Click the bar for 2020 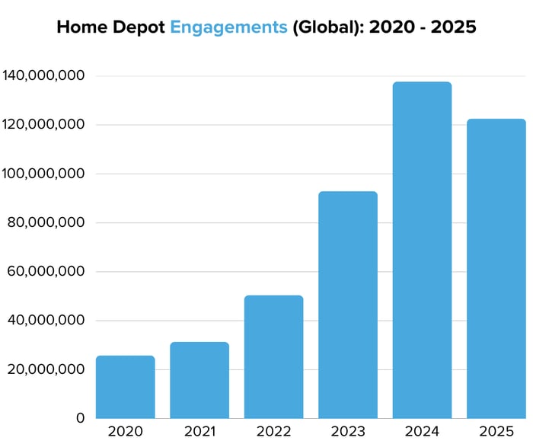(x=126, y=387)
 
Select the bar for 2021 (x=199, y=380)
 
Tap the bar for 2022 (x=273, y=357)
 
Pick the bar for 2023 (x=348, y=305)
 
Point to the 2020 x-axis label (x=126, y=431)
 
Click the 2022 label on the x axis (x=273, y=431)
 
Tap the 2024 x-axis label (x=422, y=431)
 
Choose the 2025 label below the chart (x=496, y=431)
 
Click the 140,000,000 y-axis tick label (x=43, y=75)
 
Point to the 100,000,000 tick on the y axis (x=43, y=174)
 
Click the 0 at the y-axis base (x=80, y=418)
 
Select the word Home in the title (x=81, y=27)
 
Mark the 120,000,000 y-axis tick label (x=43, y=124)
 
